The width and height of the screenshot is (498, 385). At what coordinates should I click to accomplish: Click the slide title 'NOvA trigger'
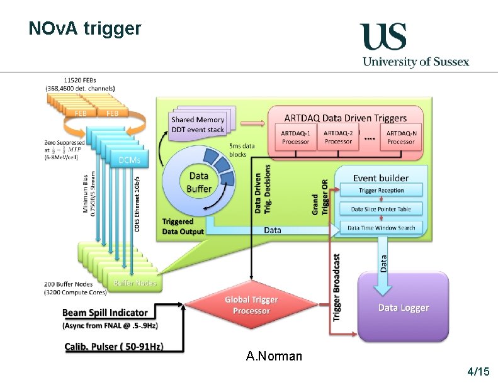(85, 28)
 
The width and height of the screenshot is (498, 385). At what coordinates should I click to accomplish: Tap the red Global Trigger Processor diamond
(251, 305)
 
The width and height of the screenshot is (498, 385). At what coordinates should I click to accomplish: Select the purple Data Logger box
(403, 307)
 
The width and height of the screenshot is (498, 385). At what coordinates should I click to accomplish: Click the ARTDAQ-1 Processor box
(295, 137)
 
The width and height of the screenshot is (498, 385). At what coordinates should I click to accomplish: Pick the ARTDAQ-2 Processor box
(339, 137)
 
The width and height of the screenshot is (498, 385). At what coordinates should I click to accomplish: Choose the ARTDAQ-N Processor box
(400, 137)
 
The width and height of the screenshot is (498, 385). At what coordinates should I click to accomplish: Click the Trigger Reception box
(382, 191)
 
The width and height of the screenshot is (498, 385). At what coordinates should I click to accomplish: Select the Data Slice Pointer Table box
(381, 209)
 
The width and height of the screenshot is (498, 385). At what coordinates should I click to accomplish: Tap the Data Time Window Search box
(382, 227)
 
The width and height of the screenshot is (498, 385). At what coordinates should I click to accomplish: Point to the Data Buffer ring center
(199, 182)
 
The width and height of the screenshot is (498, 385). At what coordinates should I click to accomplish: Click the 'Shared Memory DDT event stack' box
(197, 124)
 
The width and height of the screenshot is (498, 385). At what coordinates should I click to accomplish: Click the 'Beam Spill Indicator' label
(105, 312)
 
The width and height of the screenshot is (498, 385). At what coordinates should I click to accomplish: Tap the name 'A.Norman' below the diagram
(274, 357)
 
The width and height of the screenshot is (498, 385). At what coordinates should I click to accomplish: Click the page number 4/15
(478, 372)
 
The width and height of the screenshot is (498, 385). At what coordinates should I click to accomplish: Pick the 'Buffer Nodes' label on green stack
(135, 283)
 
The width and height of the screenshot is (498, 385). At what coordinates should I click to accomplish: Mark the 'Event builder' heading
(381, 178)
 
